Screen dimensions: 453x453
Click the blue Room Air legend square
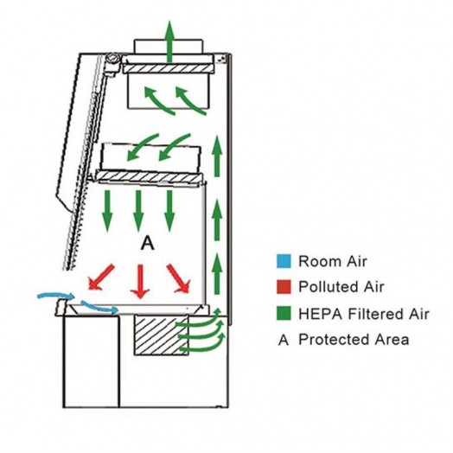[x=284, y=261]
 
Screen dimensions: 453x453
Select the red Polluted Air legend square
[x=284, y=287]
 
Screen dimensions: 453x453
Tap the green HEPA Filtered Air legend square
[x=284, y=314]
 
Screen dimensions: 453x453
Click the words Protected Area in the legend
[x=354, y=339]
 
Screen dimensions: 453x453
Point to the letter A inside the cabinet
[x=148, y=244]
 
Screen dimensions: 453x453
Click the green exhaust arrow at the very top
[x=169, y=41]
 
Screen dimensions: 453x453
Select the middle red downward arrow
[x=140, y=281]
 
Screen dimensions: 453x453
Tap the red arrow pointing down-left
[x=101, y=277]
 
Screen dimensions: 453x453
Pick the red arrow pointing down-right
[x=178, y=278]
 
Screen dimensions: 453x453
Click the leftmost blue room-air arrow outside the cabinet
[x=56, y=296]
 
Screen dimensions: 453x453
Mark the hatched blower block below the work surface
[x=161, y=335]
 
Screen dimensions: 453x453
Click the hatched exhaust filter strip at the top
[x=169, y=69]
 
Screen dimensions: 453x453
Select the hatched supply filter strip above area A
[x=150, y=176]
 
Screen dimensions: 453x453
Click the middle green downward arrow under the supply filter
[x=138, y=211]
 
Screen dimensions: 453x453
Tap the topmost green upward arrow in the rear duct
[x=218, y=156]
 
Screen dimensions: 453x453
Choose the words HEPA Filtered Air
[x=364, y=314]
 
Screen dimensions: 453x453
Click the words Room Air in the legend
[x=333, y=261]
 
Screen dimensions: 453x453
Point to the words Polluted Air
[x=341, y=287]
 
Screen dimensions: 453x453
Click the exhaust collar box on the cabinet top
[x=169, y=47]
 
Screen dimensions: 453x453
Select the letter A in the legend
[x=284, y=340]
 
